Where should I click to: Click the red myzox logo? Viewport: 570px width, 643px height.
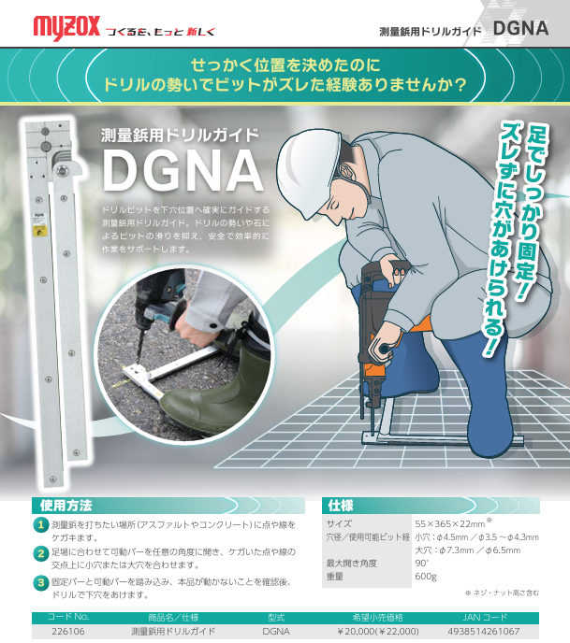(x=66, y=27)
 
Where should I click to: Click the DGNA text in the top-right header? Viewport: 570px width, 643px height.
(x=520, y=28)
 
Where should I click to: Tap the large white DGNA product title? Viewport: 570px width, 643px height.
(x=183, y=171)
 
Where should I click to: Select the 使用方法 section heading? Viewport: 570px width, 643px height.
(x=66, y=506)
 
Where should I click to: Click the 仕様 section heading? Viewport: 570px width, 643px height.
(x=341, y=506)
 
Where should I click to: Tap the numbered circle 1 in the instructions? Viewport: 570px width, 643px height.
(x=41, y=525)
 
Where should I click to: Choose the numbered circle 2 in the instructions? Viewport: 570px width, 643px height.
(x=41, y=554)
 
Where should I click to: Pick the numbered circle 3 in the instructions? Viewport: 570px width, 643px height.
(x=41, y=583)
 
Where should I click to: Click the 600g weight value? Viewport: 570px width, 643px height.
(x=426, y=576)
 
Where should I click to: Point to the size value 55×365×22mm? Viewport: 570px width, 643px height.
(x=450, y=523)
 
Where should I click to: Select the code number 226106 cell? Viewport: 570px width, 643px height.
(x=68, y=631)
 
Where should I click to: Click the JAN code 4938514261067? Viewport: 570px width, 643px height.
(x=484, y=631)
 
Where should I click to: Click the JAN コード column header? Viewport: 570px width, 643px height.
(x=485, y=617)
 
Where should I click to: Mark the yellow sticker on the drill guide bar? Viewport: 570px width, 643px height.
(x=40, y=231)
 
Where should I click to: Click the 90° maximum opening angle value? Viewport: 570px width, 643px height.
(x=421, y=563)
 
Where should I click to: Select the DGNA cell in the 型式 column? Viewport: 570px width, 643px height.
(x=276, y=631)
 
